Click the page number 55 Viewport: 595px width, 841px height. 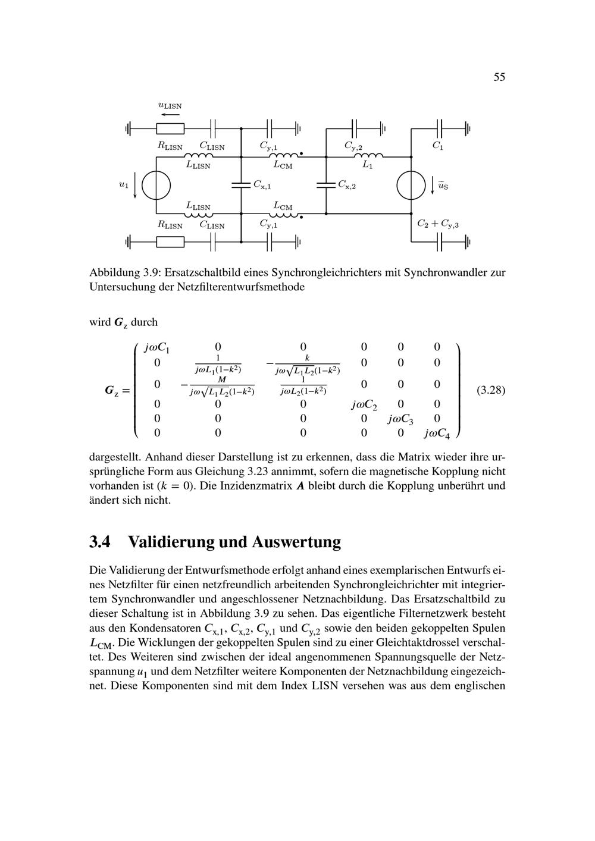tap(499, 77)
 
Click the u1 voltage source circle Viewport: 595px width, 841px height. tap(156, 185)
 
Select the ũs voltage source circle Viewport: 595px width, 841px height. tap(411, 185)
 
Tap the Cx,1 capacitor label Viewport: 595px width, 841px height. tap(262, 185)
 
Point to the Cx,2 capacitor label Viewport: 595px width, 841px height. tap(347, 185)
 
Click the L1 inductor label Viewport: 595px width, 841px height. tap(368, 166)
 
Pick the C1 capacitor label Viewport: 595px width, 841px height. tap(437, 146)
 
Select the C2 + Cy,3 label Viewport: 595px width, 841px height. tap(438, 225)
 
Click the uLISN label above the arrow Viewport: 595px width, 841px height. tap(170, 106)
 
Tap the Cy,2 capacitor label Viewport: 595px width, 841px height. tap(353, 146)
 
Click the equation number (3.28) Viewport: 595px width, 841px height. tap(491, 391)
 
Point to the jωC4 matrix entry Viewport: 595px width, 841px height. tap(437, 434)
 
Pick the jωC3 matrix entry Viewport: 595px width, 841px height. tap(400, 420)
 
